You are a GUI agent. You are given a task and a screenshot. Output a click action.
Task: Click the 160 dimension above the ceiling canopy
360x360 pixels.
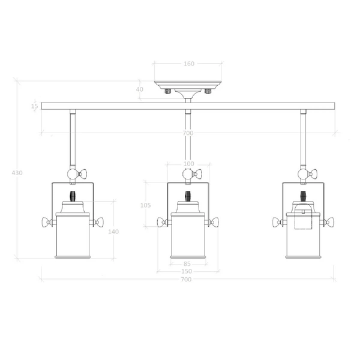click(x=188, y=64)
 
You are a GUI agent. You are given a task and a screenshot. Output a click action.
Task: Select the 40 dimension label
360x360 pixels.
click(x=140, y=89)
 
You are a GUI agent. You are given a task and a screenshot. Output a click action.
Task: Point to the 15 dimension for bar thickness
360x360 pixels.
click(x=35, y=106)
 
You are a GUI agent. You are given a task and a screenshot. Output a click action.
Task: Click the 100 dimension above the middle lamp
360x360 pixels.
click(x=188, y=164)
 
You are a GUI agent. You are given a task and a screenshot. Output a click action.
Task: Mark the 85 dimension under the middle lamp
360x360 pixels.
click(x=188, y=263)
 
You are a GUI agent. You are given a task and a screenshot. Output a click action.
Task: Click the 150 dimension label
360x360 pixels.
click(x=188, y=271)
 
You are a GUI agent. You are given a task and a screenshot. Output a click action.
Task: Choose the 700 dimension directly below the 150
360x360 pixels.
click(x=188, y=280)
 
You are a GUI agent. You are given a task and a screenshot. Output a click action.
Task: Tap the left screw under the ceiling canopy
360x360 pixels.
click(x=169, y=91)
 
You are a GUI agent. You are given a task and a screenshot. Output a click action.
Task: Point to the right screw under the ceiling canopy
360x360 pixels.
click(x=208, y=91)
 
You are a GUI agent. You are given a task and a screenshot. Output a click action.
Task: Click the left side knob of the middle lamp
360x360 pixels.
click(x=161, y=223)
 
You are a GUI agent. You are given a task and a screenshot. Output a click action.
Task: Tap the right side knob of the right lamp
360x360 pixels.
click(x=329, y=223)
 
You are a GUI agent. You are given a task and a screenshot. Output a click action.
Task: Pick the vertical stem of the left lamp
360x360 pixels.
click(x=73, y=138)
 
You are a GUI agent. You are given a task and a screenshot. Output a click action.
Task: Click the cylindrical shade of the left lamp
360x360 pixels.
click(x=73, y=237)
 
